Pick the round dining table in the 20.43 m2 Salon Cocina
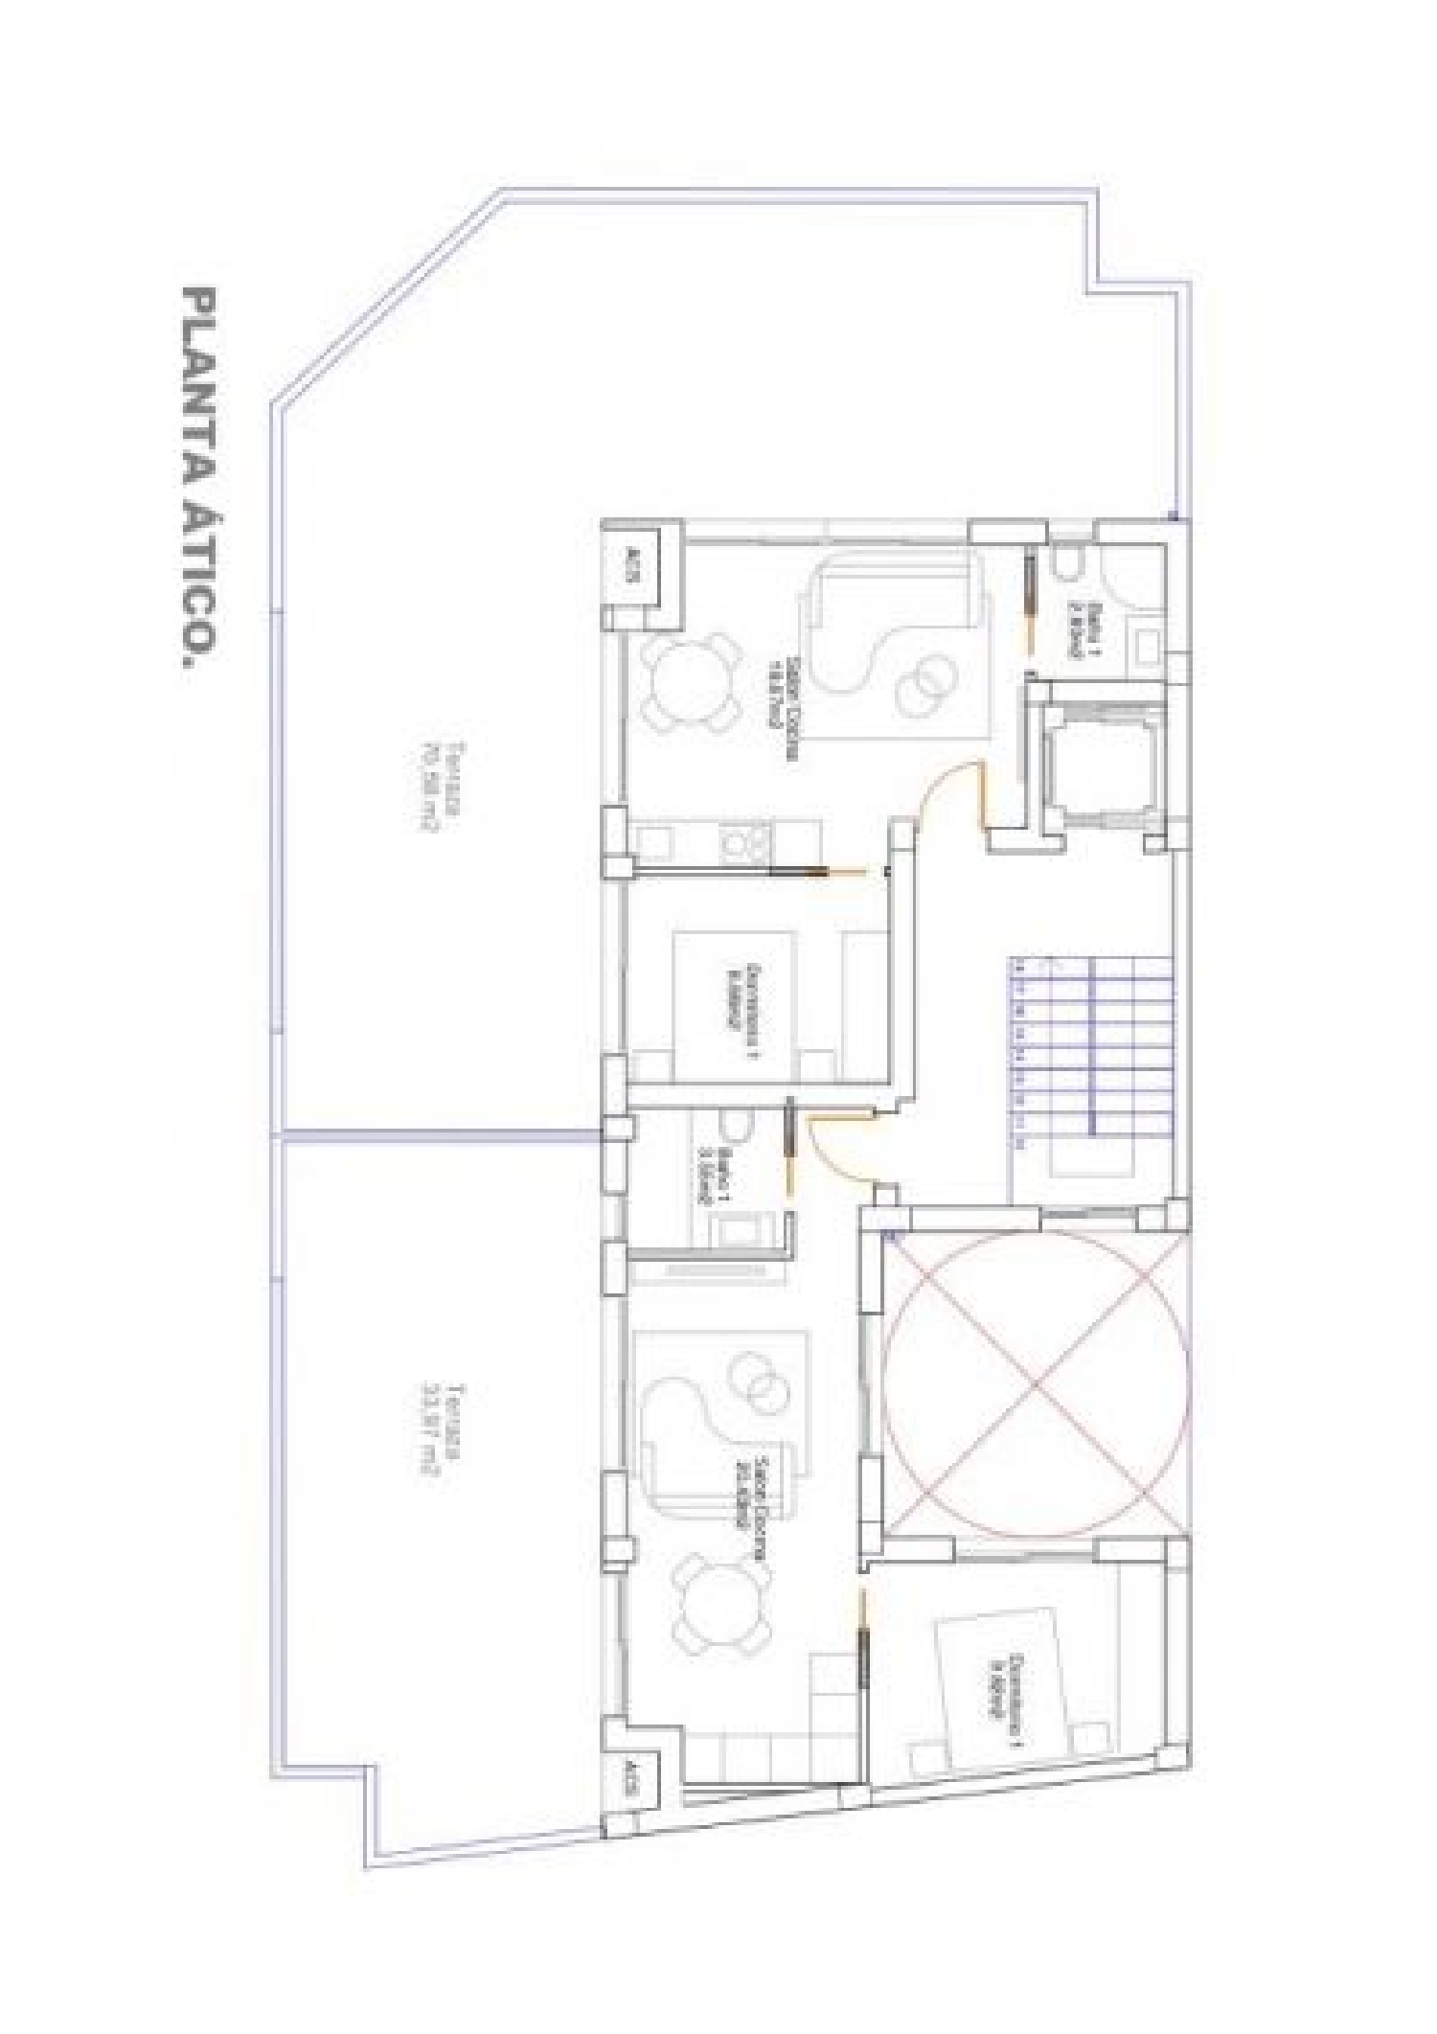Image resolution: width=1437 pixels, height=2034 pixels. tap(723, 1608)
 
